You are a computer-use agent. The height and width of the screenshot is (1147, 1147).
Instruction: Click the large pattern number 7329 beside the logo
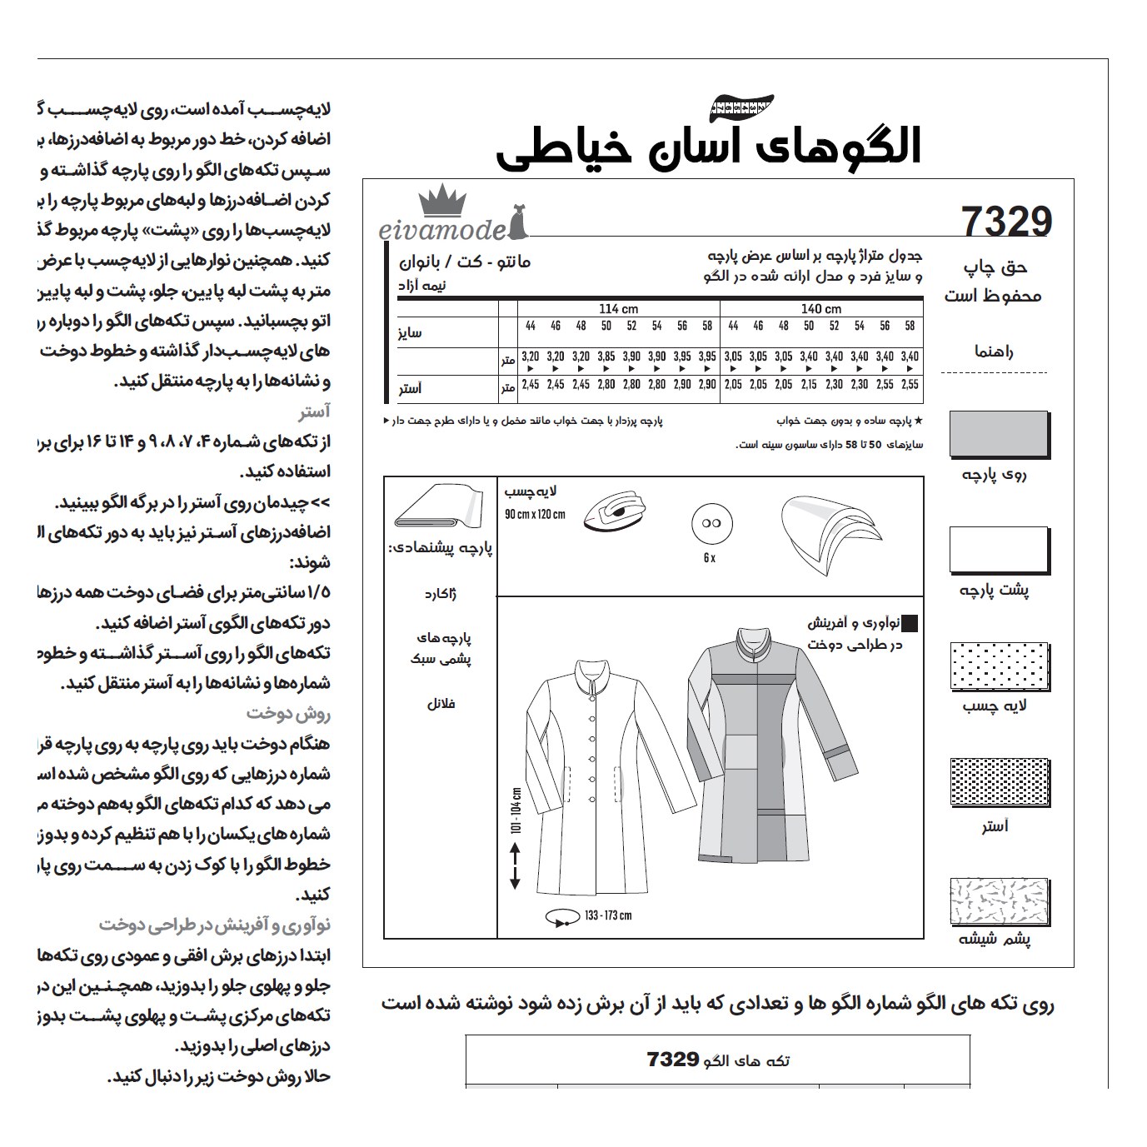click(1006, 222)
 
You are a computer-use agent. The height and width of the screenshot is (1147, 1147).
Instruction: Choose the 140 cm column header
click(820, 309)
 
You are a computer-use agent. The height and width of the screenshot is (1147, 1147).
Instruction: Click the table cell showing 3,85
click(606, 357)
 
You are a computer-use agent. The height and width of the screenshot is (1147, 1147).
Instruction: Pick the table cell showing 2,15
click(809, 385)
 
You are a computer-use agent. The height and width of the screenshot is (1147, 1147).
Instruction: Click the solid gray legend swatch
click(999, 434)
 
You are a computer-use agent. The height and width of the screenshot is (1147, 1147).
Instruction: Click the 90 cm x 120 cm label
click(535, 514)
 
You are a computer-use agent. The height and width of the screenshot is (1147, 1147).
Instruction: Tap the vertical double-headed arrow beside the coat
click(513, 865)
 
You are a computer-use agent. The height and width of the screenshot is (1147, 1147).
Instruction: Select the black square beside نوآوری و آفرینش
click(910, 623)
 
